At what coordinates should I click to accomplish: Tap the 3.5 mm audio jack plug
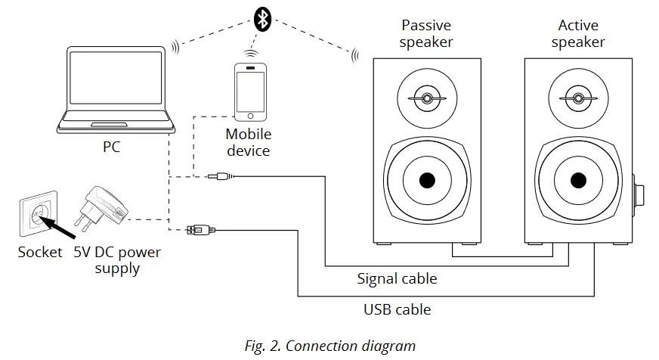point(220,177)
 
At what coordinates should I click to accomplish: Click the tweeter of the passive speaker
point(426,99)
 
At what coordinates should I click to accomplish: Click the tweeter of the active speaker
point(577,99)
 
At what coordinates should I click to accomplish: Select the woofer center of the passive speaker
point(426,181)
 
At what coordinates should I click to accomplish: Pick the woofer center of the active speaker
point(577,181)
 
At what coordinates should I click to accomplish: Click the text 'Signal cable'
point(397,279)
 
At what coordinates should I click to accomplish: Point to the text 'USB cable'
point(397,309)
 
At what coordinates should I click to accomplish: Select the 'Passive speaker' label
point(426,34)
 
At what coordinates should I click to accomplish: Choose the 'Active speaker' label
point(577,34)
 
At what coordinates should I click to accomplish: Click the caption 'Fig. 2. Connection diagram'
point(330,346)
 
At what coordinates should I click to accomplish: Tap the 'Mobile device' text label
point(248,142)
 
